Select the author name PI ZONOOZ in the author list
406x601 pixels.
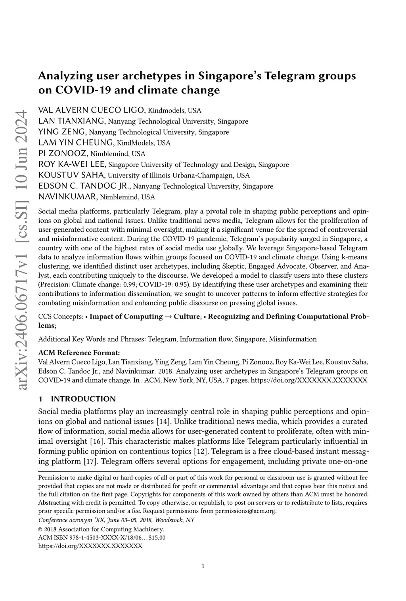tap(63, 154)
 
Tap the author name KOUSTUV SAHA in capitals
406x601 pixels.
tap(72, 175)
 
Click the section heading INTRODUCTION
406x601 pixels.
tap(83, 399)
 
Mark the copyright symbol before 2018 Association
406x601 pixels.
tap(40, 529)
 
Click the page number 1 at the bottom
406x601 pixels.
tap(203, 578)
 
